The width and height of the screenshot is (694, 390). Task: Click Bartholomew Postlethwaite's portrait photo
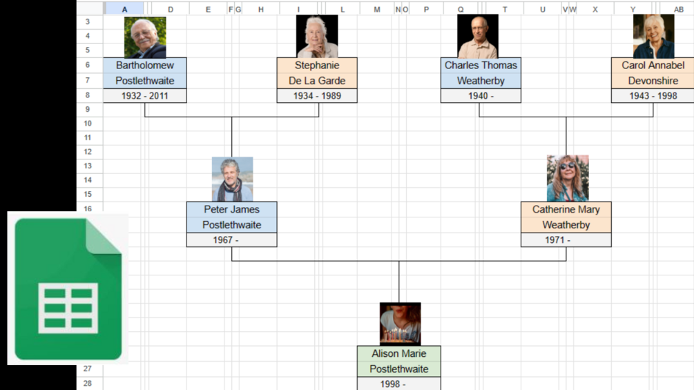tap(145, 37)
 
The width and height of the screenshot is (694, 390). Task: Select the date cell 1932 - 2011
tap(145, 96)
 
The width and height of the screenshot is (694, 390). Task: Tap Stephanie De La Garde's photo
tap(317, 37)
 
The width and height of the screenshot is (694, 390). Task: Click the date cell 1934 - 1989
tap(317, 96)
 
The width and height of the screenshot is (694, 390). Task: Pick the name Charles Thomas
tap(481, 66)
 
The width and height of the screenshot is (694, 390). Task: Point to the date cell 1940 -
tap(481, 96)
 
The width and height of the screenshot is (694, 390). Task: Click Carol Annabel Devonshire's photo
tap(653, 37)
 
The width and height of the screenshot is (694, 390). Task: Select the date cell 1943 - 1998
tap(653, 96)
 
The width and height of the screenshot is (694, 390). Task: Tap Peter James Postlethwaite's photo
tap(232, 179)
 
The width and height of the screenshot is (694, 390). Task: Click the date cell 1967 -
tap(232, 240)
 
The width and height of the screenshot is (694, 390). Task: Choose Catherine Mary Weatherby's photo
tap(568, 178)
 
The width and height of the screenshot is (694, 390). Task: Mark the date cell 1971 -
tap(566, 240)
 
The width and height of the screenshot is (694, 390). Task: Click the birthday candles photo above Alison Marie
tap(400, 324)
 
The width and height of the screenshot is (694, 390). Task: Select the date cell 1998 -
tap(399, 384)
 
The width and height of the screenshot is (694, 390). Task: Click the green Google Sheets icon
tap(68, 289)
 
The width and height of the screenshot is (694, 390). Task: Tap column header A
tap(124, 9)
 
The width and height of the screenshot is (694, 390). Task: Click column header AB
tap(678, 9)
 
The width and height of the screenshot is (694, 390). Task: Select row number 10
tap(88, 124)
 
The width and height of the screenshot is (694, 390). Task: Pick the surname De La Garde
tap(317, 81)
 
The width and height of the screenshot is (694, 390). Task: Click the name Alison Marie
tap(399, 354)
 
